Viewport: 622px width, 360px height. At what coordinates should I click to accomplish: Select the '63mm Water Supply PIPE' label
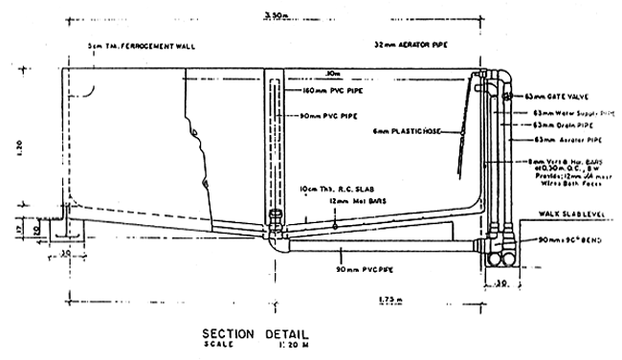tap(570, 112)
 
